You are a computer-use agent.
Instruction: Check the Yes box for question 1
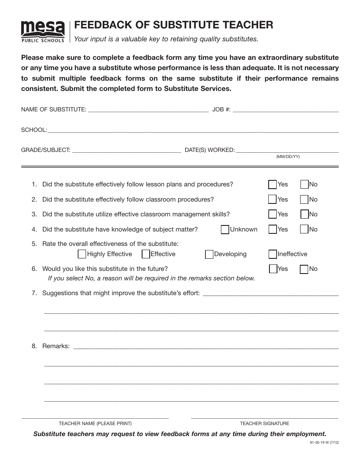tap(272, 185)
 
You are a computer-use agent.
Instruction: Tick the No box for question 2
tap(304, 199)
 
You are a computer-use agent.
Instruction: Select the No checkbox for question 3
tap(304, 214)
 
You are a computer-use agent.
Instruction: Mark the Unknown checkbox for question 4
tap(225, 230)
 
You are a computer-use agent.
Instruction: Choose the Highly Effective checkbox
tap(82, 254)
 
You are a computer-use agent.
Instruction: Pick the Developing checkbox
tap(209, 254)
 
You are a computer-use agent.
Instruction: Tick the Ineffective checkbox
tap(272, 254)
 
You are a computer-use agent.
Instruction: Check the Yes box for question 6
tap(273, 269)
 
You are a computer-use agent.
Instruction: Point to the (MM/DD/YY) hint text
tap(288, 157)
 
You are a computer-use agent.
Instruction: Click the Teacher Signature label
tap(264, 424)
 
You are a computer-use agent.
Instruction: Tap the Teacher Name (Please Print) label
tap(95, 424)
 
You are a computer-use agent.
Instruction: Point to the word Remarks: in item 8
tap(56, 346)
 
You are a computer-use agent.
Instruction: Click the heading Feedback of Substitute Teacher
tap(174, 25)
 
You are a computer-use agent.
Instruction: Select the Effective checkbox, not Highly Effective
tap(146, 254)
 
